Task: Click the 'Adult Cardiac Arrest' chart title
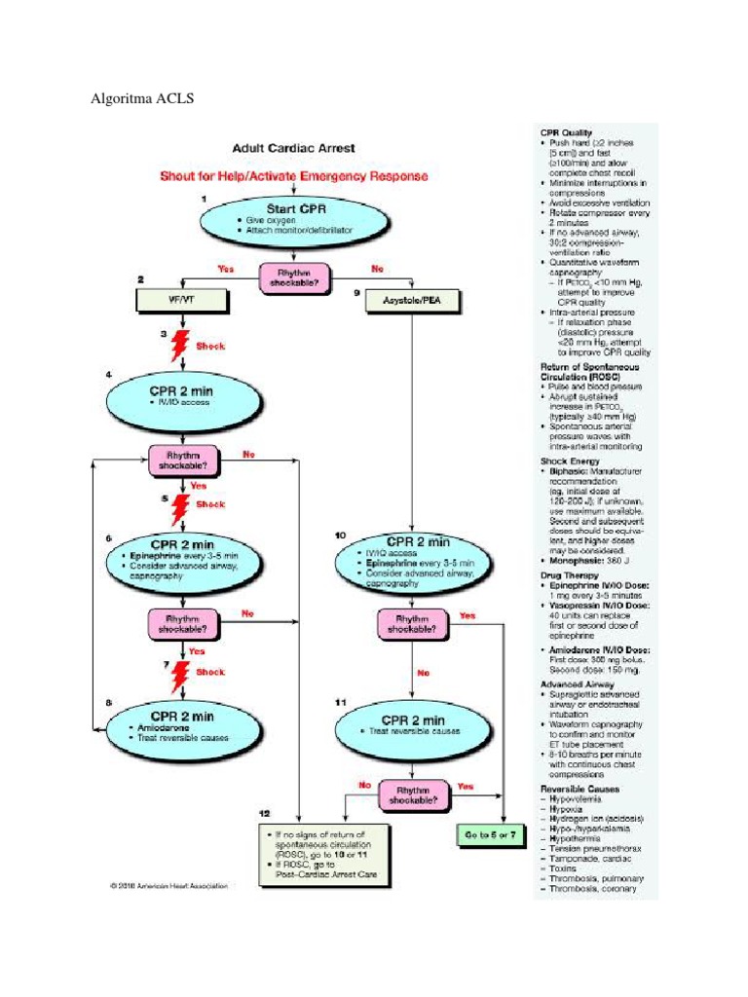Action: pyautogui.click(x=292, y=149)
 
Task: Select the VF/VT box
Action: pyautogui.click(x=182, y=302)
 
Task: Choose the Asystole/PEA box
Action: pyautogui.click(x=409, y=303)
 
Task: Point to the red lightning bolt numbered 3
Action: pyautogui.click(x=180, y=345)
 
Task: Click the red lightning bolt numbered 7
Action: pyautogui.click(x=180, y=671)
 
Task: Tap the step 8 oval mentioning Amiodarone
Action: pyautogui.click(x=182, y=725)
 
